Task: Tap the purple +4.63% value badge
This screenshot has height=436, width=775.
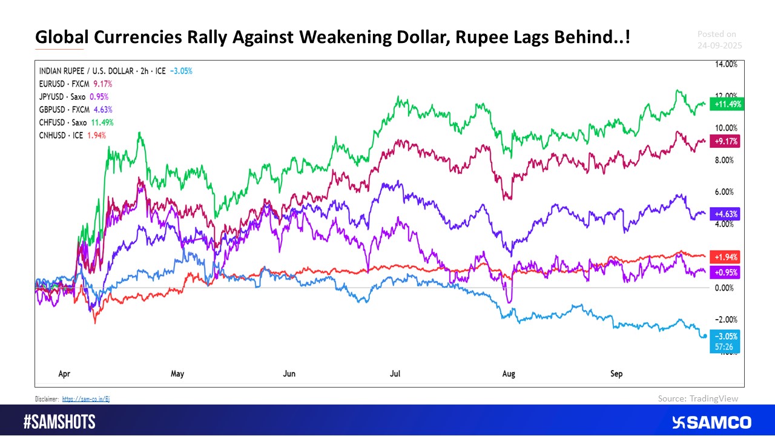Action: click(x=727, y=214)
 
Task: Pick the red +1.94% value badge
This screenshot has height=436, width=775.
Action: click(x=727, y=257)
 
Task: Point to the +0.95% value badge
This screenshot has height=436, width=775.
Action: click(x=727, y=272)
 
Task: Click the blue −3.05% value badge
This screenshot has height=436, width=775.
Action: click(x=727, y=337)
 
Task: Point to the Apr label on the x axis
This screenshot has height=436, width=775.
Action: click(x=64, y=374)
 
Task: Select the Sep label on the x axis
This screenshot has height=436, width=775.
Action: click(x=616, y=374)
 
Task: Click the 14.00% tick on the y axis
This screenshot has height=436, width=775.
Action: click(x=725, y=64)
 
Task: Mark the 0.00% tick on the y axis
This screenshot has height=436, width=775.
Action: click(x=725, y=288)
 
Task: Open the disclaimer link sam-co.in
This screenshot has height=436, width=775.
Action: click(x=85, y=398)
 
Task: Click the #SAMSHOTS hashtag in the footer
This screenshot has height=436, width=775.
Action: click(x=59, y=422)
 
